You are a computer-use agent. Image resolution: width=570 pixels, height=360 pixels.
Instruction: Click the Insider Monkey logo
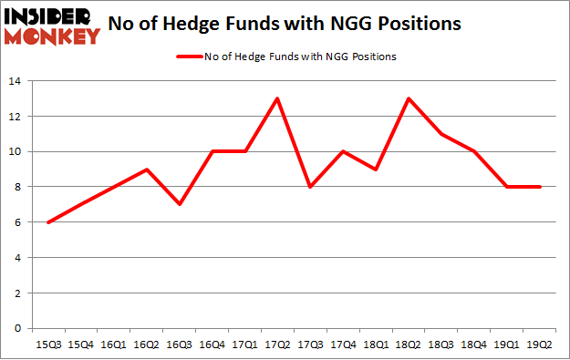click(x=51, y=26)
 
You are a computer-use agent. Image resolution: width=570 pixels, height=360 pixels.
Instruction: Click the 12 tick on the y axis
click(x=16, y=118)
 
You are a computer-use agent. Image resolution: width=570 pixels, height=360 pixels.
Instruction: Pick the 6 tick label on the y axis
click(x=19, y=222)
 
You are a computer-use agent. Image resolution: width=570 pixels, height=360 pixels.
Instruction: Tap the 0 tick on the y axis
click(x=19, y=328)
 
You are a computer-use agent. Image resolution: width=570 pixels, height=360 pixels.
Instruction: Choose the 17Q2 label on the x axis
click(x=277, y=345)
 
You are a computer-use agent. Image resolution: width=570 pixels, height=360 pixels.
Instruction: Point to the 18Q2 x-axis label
click(x=408, y=345)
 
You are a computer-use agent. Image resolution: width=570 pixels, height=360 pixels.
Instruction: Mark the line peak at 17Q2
click(x=277, y=99)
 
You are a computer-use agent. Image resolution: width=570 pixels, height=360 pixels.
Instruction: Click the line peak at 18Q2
click(x=408, y=99)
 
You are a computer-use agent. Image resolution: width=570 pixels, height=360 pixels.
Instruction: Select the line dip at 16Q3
click(x=180, y=204)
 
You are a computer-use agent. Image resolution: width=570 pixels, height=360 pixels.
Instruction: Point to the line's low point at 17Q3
click(x=310, y=187)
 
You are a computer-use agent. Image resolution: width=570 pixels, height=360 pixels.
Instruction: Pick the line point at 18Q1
click(x=376, y=170)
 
